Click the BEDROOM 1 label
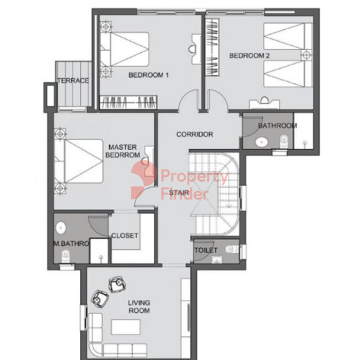pyautogui.click(x=148, y=75)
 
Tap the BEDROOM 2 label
pyautogui.click(x=250, y=56)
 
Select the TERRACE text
pyautogui.click(x=73, y=81)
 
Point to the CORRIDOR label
pyautogui.click(x=195, y=134)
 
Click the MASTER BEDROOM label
pyautogui.click(x=123, y=151)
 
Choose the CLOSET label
pyautogui.click(x=125, y=236)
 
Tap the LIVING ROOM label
pyautogui.click(x=139, y=307)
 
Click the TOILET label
pyautogui.click(x=205, y=250)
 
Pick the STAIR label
pyautogui.click(x=179, y=192)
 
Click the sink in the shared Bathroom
pyautogui.click(x=262, y=142)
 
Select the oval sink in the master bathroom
pyautogui.click(x=61, y=228)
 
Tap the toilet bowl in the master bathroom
pyautogui.click(x=65, y=256)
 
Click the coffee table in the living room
pyautogui.click(x=125, y=327)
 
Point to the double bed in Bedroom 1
pyautogui.click(x=125, y=49)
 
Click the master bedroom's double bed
pyautogui.click(x=79, y=161)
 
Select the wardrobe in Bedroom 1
pyautogui.click(x=128, y=102)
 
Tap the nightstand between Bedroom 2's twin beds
pyautogui.click(x=307, y=55)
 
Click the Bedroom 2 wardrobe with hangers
pyautogui.click(x=212, y=48)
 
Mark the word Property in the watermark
pyautogui.click(x=195, y=177)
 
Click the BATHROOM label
pyautogui.click(x=277, y=125)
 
